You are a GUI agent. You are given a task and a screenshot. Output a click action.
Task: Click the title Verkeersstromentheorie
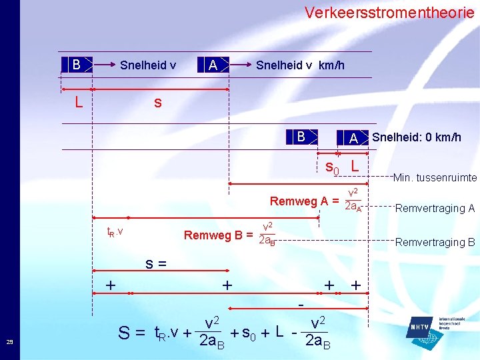389,12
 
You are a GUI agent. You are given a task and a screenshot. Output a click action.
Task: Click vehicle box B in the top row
76,65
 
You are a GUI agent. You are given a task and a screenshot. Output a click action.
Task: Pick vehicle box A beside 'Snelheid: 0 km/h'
354,138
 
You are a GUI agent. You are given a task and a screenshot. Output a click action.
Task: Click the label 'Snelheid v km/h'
300,65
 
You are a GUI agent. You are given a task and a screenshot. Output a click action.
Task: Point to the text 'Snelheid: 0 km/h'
416,137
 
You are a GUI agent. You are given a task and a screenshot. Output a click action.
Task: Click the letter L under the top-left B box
79,103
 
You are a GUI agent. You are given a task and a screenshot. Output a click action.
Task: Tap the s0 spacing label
331,167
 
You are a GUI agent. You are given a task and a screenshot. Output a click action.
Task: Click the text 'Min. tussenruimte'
435,177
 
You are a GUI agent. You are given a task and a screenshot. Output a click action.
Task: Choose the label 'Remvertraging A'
435,208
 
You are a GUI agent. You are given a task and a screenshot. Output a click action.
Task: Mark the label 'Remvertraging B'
435,242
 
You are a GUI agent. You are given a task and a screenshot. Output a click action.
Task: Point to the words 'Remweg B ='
218,235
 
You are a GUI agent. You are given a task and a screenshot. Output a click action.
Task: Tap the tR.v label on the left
115,231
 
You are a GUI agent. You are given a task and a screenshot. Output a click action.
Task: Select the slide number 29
9,342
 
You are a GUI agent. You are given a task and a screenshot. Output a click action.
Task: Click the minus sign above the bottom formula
301,304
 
